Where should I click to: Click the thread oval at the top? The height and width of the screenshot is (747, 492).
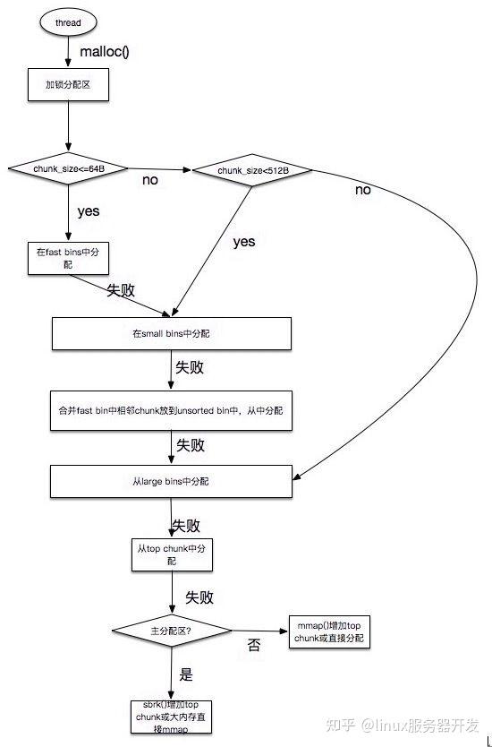[x=69, y=21]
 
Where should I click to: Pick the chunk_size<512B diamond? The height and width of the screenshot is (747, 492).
[x=252, y=169]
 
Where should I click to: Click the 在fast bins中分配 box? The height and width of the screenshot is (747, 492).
[x=67, y=258]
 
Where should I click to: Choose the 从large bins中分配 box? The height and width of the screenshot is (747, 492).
[x=171, y=481]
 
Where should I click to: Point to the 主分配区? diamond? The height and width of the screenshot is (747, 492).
[x=172, y=631]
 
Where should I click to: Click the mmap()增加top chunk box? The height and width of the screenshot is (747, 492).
[x=328, y=631]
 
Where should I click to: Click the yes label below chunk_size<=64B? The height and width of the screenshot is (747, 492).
[x=89, y=211]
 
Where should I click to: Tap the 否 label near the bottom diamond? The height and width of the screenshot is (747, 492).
[x=254, y=645]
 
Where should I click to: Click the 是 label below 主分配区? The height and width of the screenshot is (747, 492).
[x=186, y=674]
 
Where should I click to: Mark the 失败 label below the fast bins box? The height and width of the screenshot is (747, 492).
[x=123, y=291]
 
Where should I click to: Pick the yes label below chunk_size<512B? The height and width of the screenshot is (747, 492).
[x=243, y=242]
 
